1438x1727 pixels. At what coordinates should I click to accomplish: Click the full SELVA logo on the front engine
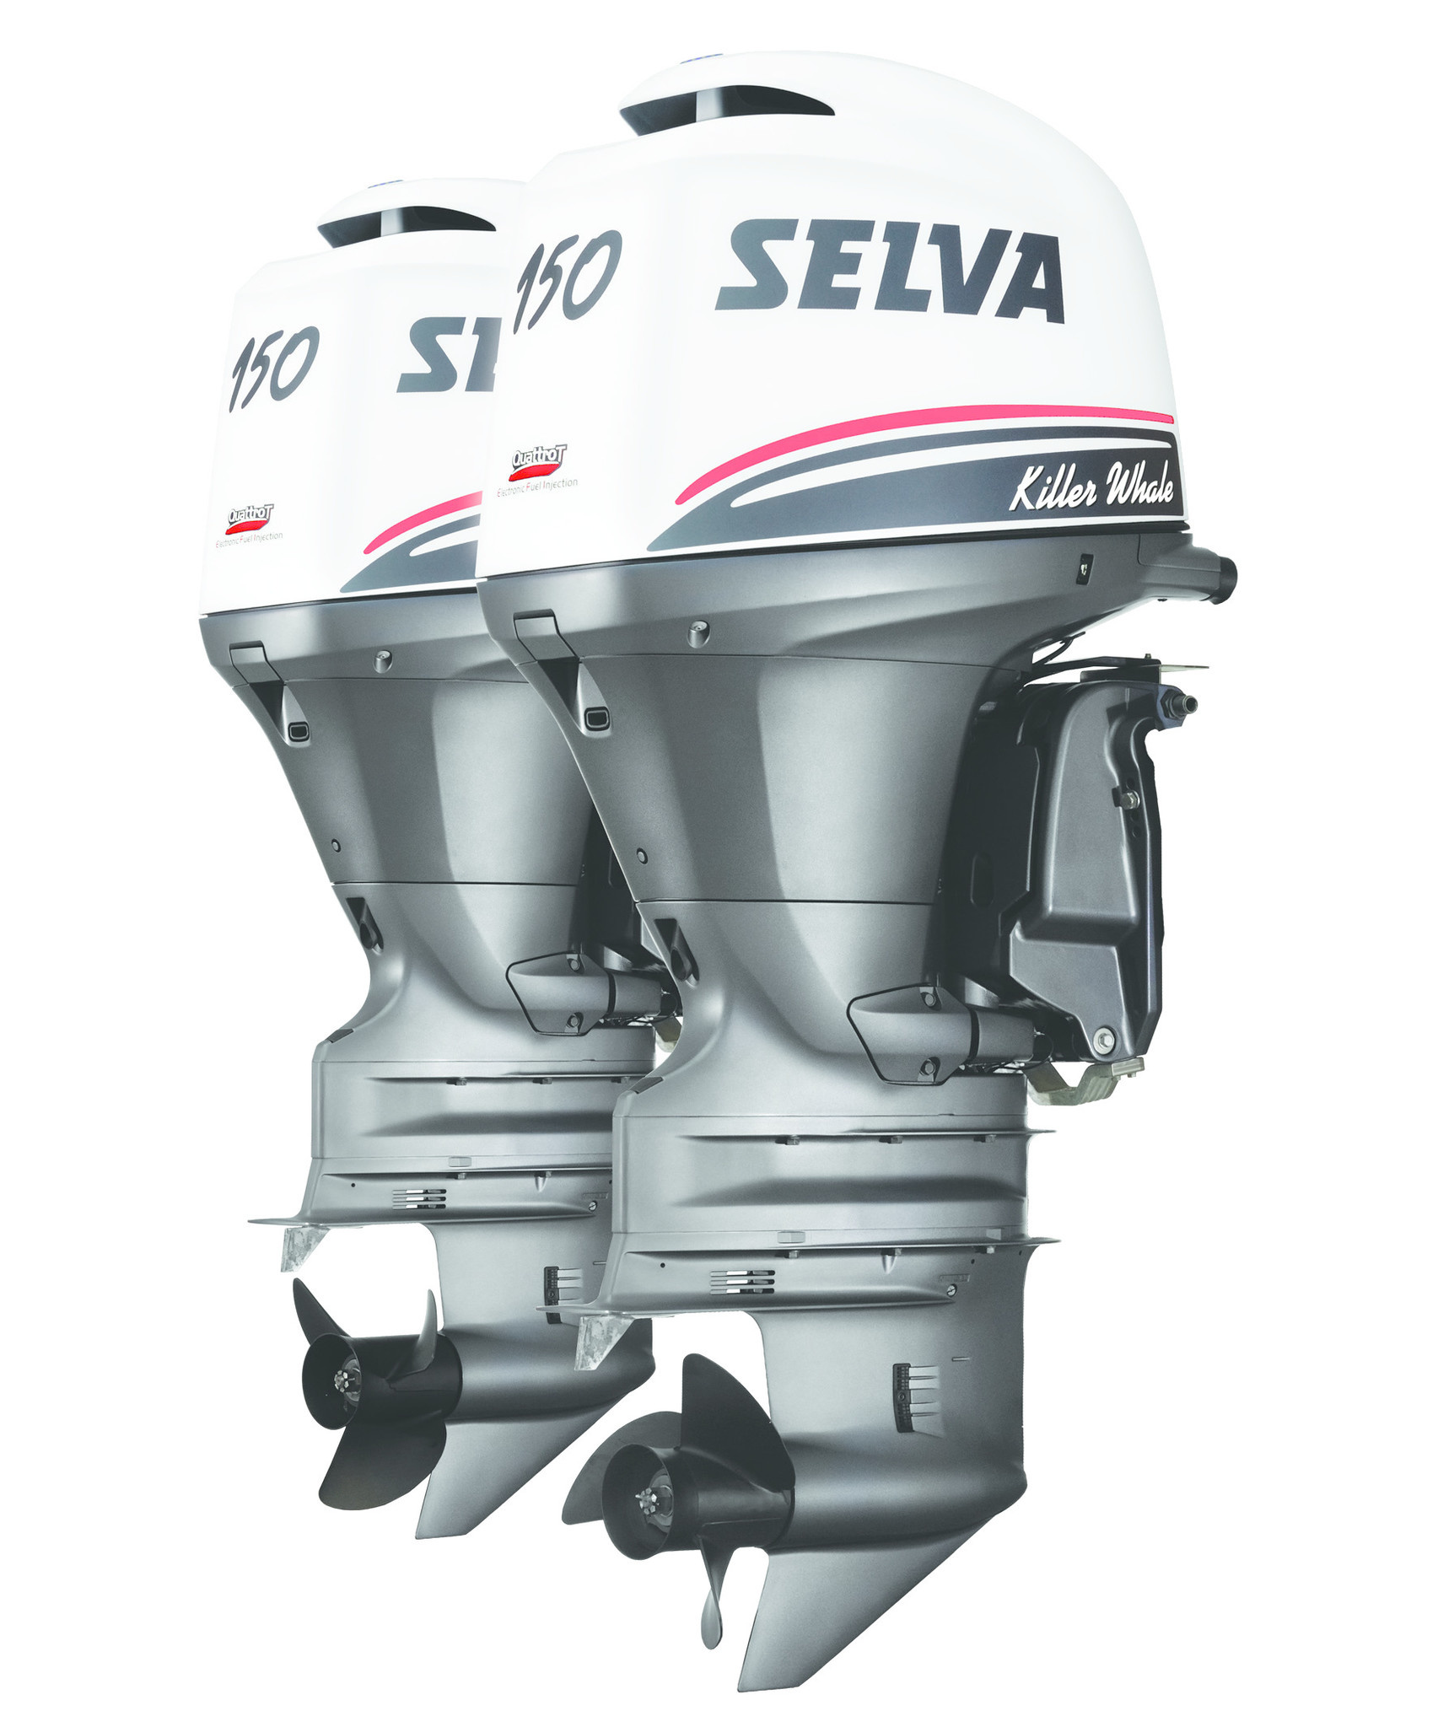click(x=890, y=272)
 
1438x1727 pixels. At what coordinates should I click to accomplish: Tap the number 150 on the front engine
click(x=567, y=278)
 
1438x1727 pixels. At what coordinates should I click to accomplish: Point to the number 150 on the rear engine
click(x=273, y=364)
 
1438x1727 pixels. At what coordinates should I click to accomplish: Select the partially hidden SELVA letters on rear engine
click(x=447, y=356)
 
